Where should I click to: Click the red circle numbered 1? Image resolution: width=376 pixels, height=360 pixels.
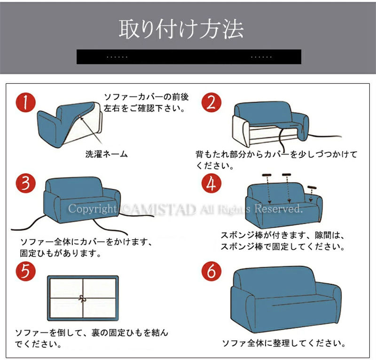pyautogui.click(x=26, y=102)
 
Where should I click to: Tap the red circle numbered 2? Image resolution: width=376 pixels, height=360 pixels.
pyautogui.click(x=211, y=102)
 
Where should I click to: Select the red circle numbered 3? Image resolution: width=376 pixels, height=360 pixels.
pyautogui.click(x=26, y=183)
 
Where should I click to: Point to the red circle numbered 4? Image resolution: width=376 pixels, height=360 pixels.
pyautogui.click(x=211, y=183)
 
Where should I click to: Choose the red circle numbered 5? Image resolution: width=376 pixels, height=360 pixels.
pyautogui.click(x=26, y=271)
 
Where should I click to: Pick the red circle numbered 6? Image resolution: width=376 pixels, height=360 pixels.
pyautogui.click(x=211, y=271)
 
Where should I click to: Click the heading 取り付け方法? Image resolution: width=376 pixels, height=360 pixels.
pyautogui.click(x=181, y=29)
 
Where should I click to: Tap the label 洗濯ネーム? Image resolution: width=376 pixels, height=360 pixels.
pyautogui.click(x=107, y=154)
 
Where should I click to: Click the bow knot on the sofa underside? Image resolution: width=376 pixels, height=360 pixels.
pyautogui.click(x=83, y=298)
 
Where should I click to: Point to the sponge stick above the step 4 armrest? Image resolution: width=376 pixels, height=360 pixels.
pyautogui.click(x=312, y=188)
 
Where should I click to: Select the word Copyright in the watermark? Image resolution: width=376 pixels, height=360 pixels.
pyautogui.click(x=92, y=209)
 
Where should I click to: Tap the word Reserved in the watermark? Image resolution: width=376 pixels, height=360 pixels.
pyautogui.click(x=278, y=209)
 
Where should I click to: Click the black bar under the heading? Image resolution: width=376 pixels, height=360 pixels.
pyautogui.click(x=189, y=57)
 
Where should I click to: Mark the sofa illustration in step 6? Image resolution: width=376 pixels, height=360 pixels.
pyautogui.click(x=286, y=299)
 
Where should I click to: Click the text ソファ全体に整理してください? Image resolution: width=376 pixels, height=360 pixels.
pyautogui.click(x=284, y=343)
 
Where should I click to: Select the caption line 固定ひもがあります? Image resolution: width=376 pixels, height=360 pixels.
pyautogui.click(x=61, y=253)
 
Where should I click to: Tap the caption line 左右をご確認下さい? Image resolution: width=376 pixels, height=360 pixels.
pyautogui.click(x=144, y=109)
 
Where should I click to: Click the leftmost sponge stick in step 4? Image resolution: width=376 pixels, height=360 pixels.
pyautogui.click(x=266, y=175)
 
